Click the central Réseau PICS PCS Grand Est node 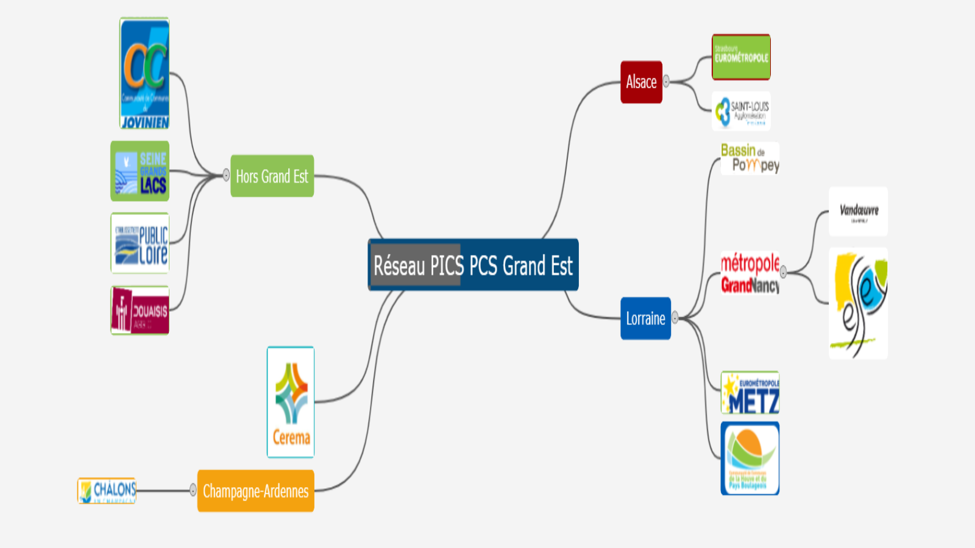(x=473, y=265)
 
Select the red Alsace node (x=641, y=82)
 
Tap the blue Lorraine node (x=645, y=318)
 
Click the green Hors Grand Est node (x=272, y=176)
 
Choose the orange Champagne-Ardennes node (x=255, y=491)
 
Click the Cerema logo (x=291, y=402)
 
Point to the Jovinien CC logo (x=144, y=73)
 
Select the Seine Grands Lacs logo (x=140, y=171)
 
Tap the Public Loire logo (x=140, y=243)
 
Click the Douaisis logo (x=140, y=311)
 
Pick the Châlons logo (x=107, y=491)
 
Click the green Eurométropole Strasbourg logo (x=741, y=57)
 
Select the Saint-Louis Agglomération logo (x=741, y=111)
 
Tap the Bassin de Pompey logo (x=750, y=158)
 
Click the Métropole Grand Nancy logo (x=750, y=273)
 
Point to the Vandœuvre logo (x=858, y=211)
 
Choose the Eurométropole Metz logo (x=750, y=393)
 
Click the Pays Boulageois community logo (x=750, y=458)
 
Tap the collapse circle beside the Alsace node (x=666, y=82)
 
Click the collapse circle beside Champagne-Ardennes (x=193, y=490)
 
